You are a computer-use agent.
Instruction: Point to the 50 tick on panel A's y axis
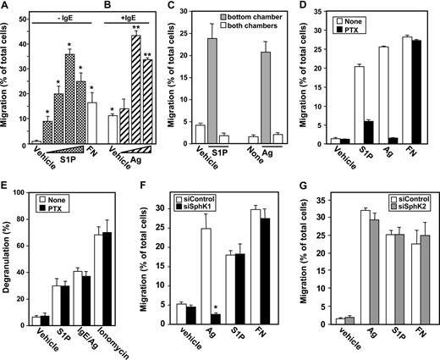tap(23, 22)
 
